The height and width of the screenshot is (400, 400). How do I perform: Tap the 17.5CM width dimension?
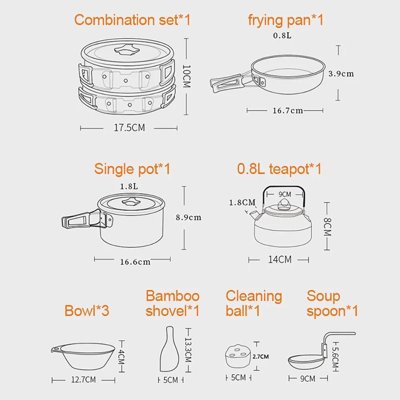129,128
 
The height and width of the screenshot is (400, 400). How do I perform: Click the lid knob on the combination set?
126,51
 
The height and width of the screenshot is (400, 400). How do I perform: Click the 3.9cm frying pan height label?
341,74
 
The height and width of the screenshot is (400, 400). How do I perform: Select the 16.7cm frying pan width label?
288,110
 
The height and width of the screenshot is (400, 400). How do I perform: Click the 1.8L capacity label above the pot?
129,186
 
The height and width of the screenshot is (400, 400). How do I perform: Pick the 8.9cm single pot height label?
188,218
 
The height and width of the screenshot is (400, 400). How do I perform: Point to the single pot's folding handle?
80,220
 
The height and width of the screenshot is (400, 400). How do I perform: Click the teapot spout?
252,216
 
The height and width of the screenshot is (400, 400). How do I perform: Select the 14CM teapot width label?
279,260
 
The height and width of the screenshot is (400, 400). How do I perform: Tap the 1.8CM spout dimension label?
242,202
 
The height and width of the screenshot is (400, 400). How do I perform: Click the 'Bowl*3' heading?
87,311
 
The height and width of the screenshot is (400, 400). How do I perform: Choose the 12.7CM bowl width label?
83,380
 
